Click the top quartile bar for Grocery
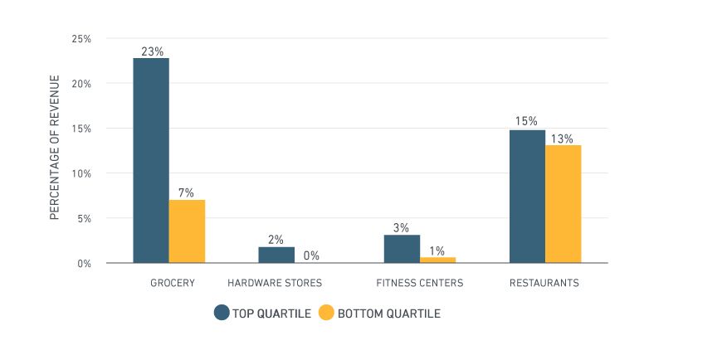coord(151,160)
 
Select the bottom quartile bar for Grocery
coord(187,231)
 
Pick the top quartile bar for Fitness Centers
coord(402,249)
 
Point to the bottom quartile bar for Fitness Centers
coord(437,260)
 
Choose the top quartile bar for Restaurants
coord(527,197)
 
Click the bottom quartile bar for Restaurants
coord(563,204)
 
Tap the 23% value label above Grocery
coord(151,51)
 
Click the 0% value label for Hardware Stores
coord(311,255)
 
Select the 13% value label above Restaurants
coord(563,139)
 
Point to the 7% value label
coord(186,192)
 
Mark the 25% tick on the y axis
coord(80,39)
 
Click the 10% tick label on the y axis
coord(80,173)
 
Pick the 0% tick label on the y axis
coord(84,263)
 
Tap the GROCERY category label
coord(173,283)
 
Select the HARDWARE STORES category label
coord(275,283)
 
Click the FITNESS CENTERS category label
coord(419,283)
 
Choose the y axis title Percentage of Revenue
coord(56,147)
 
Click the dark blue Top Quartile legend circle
coord(222,313)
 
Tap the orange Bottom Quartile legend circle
coord(326,313)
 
